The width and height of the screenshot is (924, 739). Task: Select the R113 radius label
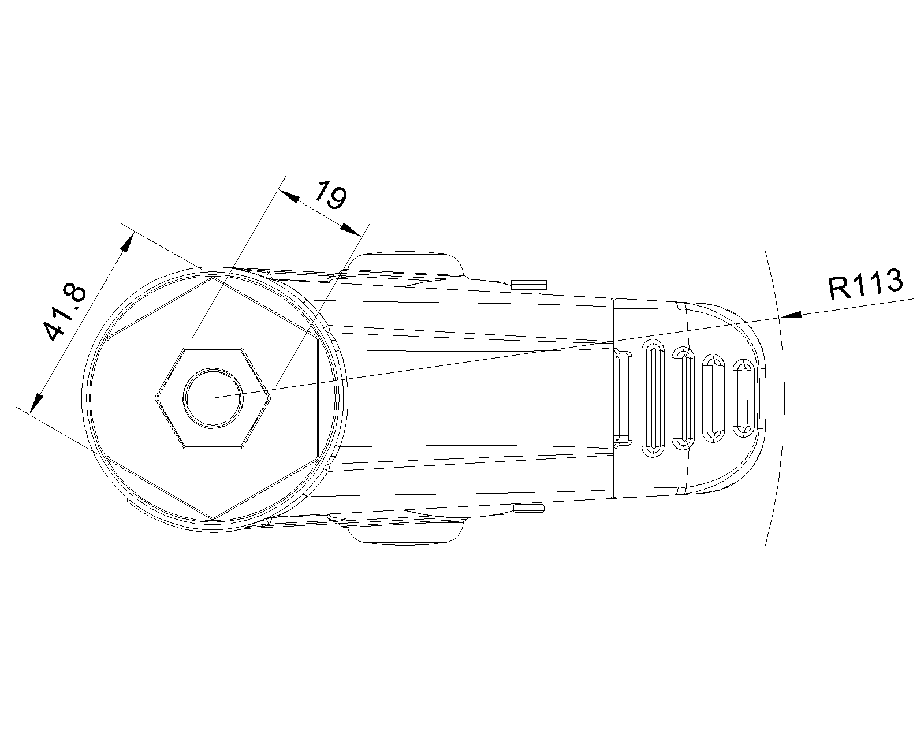865,286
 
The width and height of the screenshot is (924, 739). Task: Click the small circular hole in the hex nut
213,398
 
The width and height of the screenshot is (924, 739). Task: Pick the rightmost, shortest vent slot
743,398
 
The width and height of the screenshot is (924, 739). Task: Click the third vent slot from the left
714,398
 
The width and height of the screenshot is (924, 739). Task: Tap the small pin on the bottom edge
529,508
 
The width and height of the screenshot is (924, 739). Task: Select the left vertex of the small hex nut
157,398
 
